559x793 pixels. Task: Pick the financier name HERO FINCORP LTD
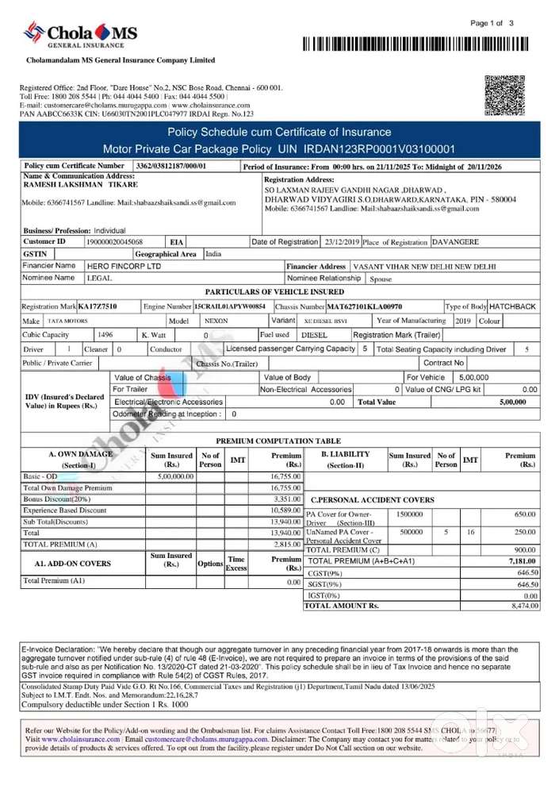[123, 266]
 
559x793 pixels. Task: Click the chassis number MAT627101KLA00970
[365, 306]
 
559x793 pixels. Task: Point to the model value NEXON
[216, 321]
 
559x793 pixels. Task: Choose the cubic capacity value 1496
[105, 335]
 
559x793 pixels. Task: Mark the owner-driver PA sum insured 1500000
[411, 514]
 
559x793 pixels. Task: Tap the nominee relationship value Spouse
[381, 279]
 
